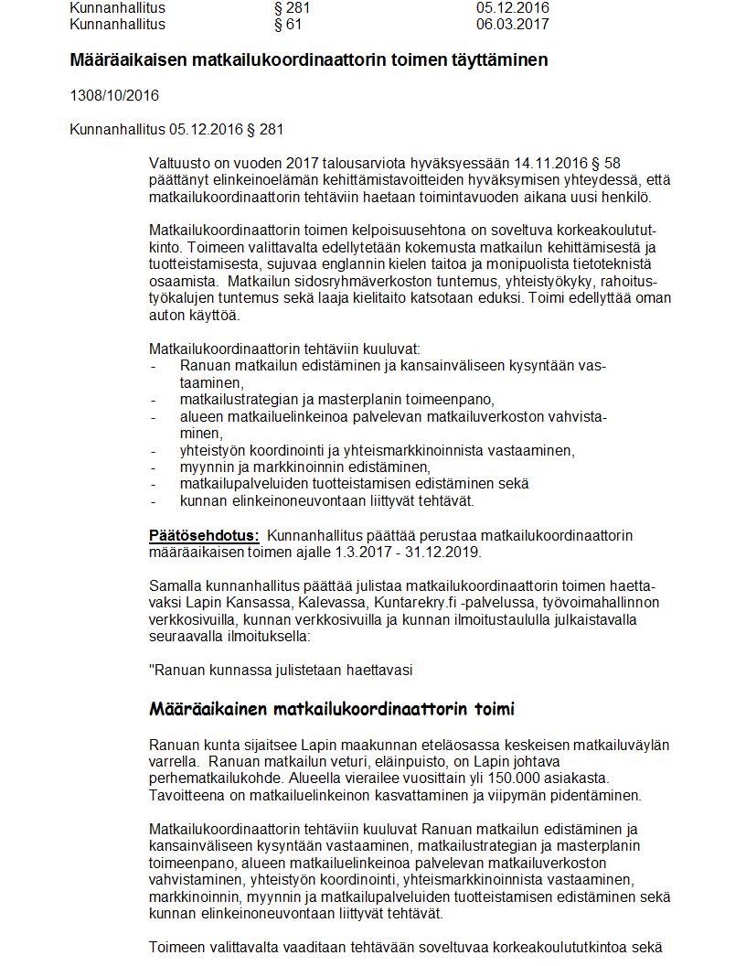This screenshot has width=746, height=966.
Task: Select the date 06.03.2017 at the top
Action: coord(512,24)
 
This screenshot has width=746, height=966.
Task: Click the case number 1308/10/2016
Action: coord(114,95)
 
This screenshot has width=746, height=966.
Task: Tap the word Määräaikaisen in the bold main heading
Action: coord(129,60)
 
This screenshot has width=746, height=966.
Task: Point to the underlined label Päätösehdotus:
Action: coord(204,535)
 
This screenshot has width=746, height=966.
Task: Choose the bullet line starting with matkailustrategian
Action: coord(336,400)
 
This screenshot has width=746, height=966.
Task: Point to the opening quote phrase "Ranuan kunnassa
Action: coord(211,670)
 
